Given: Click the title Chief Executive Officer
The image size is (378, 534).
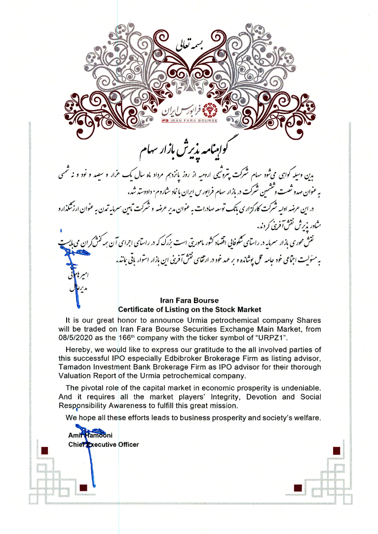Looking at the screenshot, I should tap(104, 445).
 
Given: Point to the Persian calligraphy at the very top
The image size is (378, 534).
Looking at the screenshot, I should tap(189, 46).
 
